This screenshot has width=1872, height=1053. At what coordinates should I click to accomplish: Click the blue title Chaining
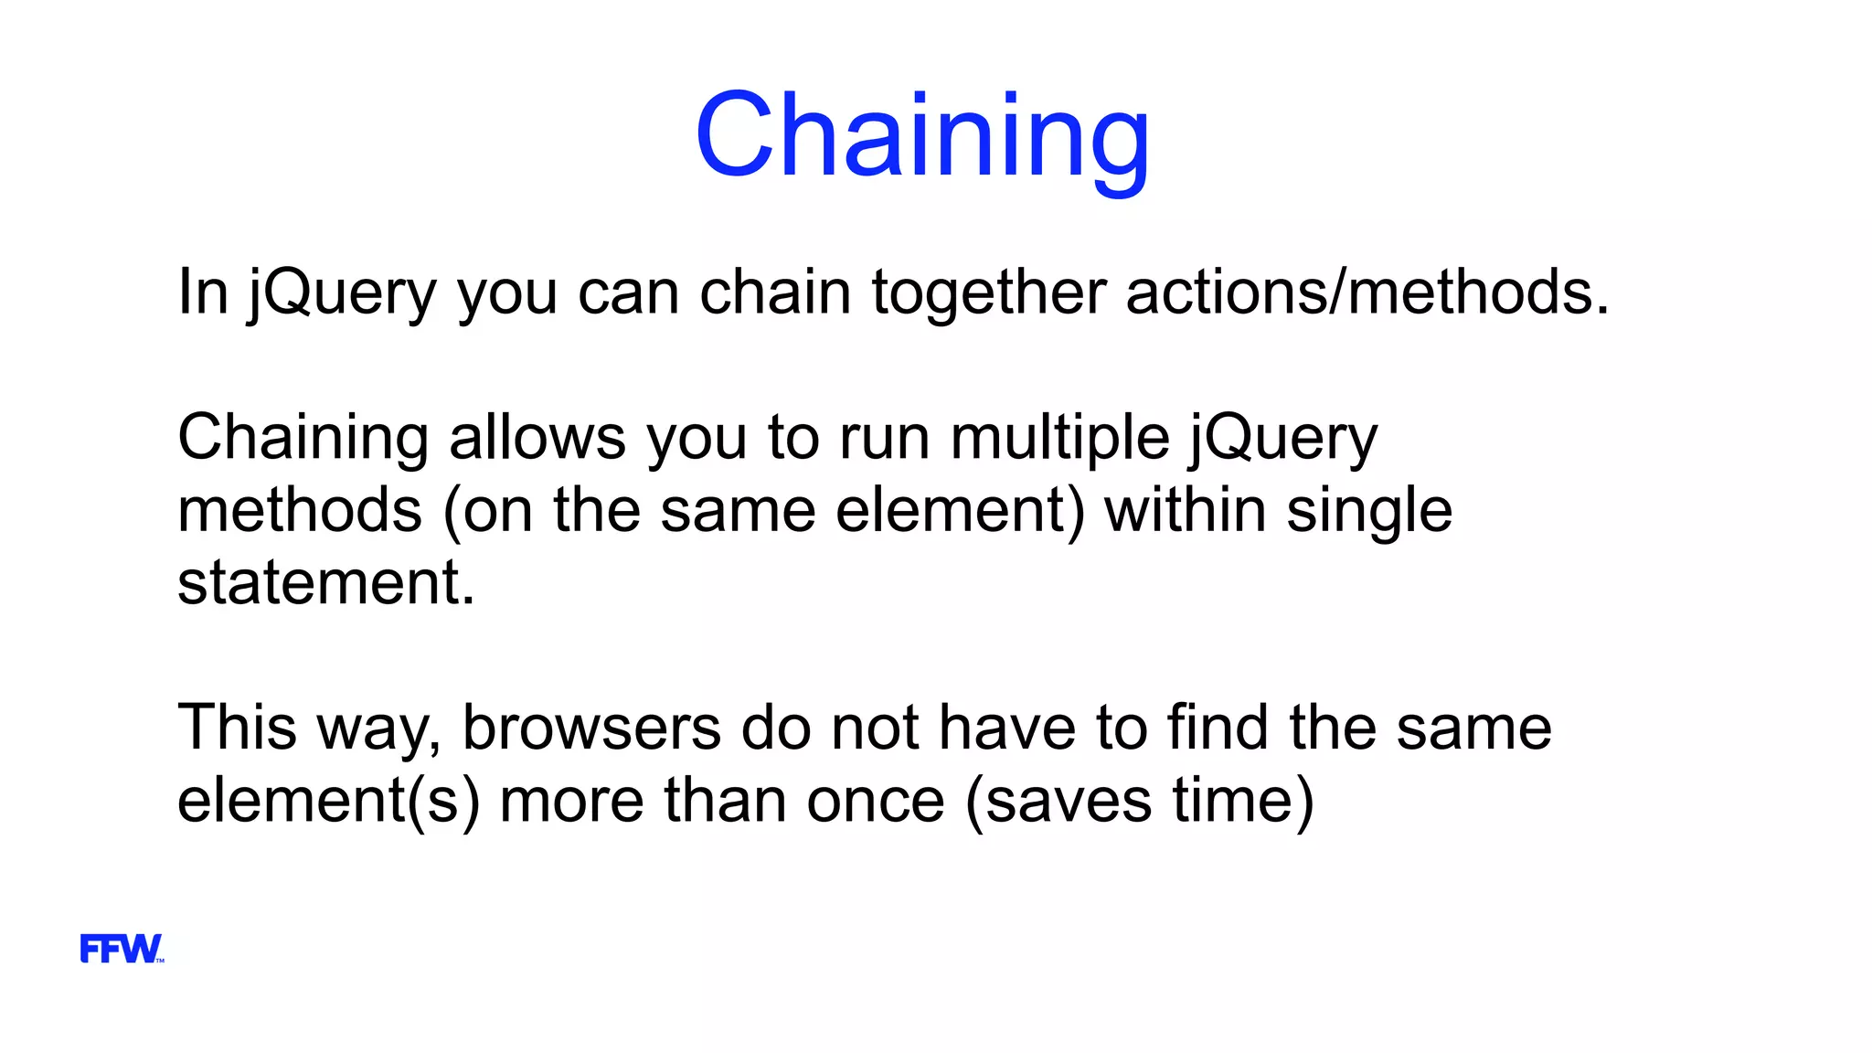tap(921, 135)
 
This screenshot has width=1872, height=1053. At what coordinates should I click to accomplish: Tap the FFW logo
tap(121, 949)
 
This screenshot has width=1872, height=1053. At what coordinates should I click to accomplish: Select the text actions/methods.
tap(1367, 292)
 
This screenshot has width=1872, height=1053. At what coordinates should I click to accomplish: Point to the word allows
tap(537, 437)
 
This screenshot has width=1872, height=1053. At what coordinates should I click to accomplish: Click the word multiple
tap(1059, 437)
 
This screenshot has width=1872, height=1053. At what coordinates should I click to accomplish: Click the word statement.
tap(325, 582)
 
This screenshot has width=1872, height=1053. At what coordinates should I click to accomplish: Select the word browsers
tap(591, 728)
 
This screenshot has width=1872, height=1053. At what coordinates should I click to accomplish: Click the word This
tap(237, 728)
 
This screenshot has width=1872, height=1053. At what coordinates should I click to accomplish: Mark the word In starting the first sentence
tap(202, 292)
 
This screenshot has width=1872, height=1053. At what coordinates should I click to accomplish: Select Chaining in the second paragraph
tap(303, 437)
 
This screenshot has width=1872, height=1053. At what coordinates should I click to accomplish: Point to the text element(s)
tap(328, 800)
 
